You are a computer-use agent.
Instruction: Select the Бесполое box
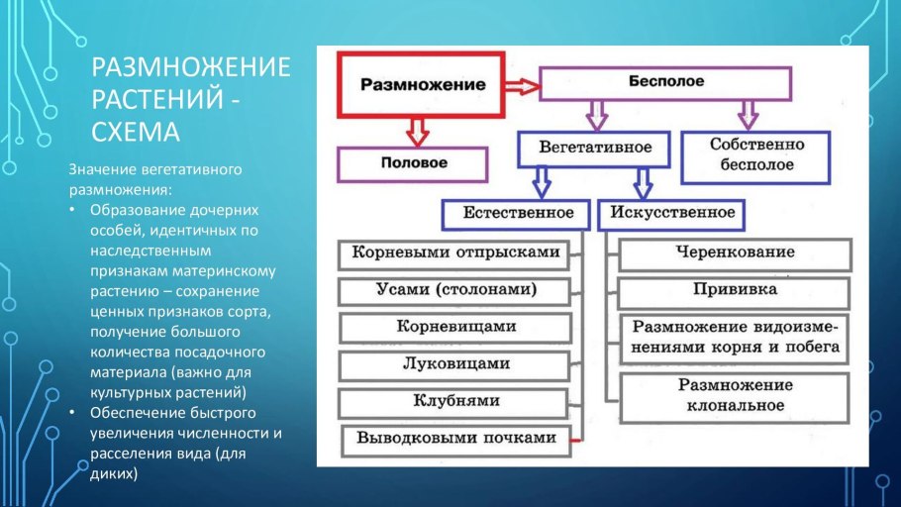(x=664, y=83)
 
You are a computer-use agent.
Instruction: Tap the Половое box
(x=413, y=162)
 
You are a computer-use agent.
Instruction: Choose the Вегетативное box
(x=594, y=148)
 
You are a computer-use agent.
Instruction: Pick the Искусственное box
(x=672, y=213)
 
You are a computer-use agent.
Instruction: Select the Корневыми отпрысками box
(x=455, y=253)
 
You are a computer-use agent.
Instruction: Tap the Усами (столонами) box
(x=455, y=291)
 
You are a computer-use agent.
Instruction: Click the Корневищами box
(x=455, y=327)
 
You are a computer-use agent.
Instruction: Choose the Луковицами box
(x=455, y=364)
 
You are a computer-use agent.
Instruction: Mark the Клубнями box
(x=455, y=402)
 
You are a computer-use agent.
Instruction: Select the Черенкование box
(x=735, y=253)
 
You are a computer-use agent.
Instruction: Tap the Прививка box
(x=735, y=291)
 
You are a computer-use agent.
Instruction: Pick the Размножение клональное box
(x=735, y=395)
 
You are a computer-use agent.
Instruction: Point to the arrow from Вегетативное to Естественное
(x=541, y=181)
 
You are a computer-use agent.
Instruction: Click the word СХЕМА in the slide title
(x=135, y=132)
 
